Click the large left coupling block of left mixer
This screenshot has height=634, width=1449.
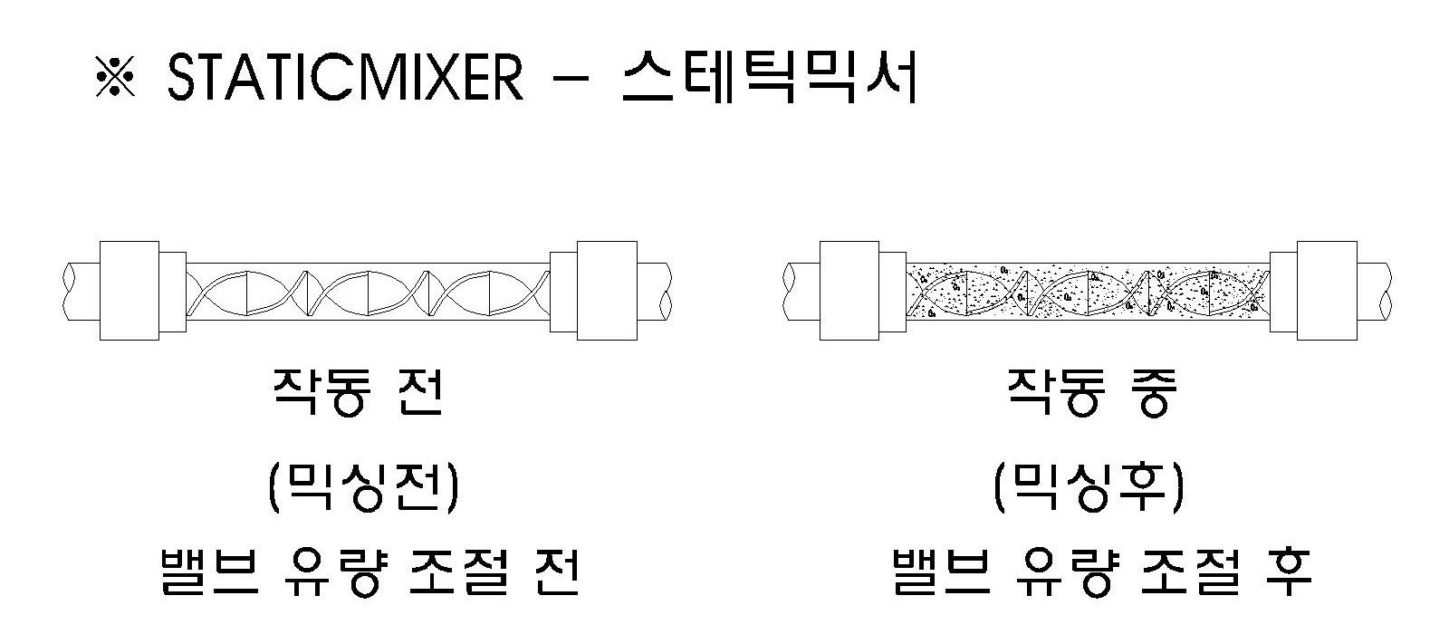click(x=129, y=290)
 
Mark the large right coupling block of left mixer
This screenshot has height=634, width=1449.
click(x=607, y=290)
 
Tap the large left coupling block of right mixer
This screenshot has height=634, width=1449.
click(x=849, y=290)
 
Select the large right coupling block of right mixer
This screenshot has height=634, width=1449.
click(x=1327, y=290)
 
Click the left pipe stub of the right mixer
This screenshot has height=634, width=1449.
click(x=801, y=290)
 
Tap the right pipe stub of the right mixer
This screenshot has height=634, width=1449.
click(x=1375, y=290)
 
